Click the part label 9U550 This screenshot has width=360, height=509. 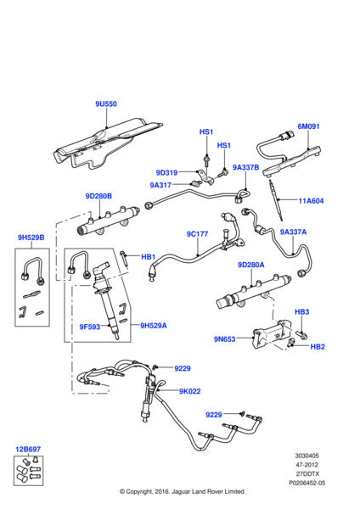106,103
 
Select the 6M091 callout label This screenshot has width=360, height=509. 309,126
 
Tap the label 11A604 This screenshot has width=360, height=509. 311,201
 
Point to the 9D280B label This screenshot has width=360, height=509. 98,196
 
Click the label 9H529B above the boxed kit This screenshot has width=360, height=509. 31,238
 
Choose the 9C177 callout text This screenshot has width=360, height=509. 197,234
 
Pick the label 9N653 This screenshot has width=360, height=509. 224,339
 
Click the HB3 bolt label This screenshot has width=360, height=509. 302,312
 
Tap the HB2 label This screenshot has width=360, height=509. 318,347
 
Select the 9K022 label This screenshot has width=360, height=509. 189,391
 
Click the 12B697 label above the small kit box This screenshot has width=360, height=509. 28,450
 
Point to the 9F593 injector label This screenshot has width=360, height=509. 90,327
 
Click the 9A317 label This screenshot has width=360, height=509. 160,185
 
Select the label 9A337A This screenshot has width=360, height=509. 293,232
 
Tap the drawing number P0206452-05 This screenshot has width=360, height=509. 307,483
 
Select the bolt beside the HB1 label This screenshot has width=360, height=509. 124,259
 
